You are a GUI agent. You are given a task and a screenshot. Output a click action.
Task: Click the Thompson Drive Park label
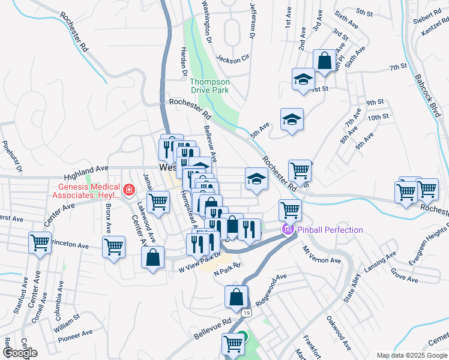(209, 86)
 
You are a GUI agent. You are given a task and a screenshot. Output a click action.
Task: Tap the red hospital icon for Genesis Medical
(128, 191)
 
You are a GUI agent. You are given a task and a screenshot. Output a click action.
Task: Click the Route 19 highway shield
(247, 313)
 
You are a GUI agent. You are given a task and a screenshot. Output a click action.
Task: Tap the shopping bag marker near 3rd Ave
(324, 61)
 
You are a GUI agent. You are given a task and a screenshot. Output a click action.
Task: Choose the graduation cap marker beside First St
(304, 79)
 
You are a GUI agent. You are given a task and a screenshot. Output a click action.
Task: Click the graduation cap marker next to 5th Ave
(292, 119)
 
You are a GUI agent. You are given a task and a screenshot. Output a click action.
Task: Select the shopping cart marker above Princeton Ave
(40, 243)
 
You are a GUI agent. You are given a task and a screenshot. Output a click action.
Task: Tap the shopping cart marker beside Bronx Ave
(113, 247)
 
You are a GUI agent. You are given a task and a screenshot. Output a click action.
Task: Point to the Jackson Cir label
(232, 59)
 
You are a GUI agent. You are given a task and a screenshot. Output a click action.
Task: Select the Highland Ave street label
(86, 172)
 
